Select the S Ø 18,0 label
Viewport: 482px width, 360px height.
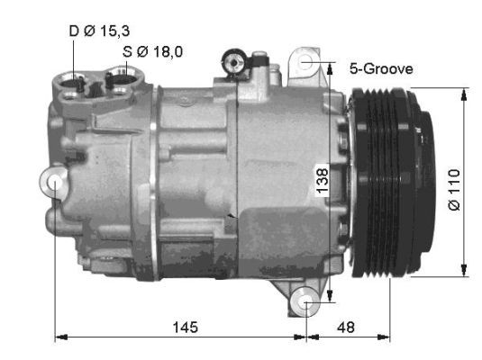152,51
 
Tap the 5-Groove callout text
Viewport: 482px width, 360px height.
380,67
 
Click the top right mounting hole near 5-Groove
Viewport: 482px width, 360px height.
307,61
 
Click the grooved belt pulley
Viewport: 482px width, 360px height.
378,180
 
